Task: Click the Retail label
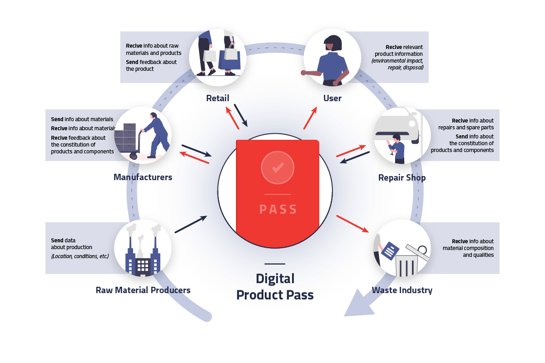[218, 98]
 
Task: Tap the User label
[332, 98]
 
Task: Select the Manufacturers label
[143, 177]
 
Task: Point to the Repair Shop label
[402, 178]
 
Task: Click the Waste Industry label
[402, 290]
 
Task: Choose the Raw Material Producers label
[143, 290]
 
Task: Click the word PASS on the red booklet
[278, 209]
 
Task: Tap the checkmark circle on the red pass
[277, 167]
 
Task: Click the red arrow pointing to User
[310, 118]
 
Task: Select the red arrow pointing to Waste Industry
[352, 224]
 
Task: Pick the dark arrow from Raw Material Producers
[191, 224]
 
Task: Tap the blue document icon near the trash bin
[390, 251]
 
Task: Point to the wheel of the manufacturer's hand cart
[134, 156]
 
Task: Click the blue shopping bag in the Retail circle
[229, 60]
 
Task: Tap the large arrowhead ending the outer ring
[360, 304]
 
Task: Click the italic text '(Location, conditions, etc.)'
[80, 256]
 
